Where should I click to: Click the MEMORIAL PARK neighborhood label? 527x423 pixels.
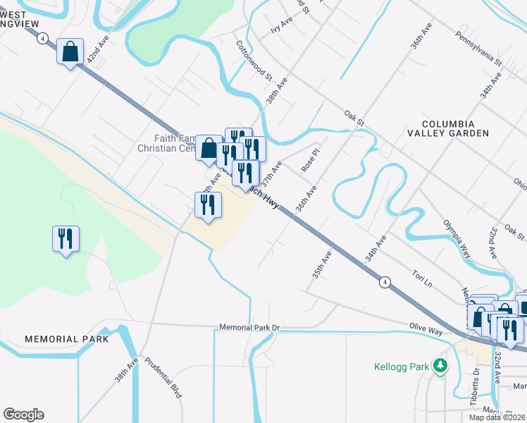coord(67,339)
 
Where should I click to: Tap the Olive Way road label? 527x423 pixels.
coord(427,328)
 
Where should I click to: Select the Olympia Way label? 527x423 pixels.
coord(456,238)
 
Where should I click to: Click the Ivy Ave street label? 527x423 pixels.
coord(280,26)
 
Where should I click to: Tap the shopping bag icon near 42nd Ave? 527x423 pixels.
coord(70,51)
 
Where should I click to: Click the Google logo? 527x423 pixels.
coord(23,415)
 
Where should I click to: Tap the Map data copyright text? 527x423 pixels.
coord(497,417)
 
